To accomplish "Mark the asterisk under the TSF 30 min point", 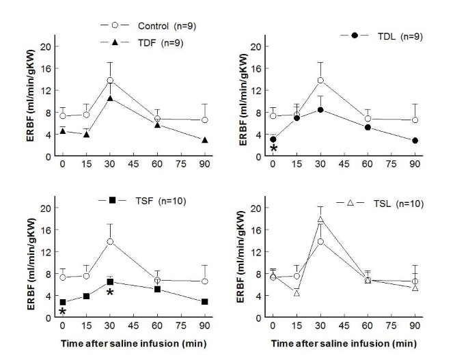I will [x=109, y=293].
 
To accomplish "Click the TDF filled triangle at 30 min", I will [x=109, y=98].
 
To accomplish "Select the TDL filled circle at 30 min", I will [x=320, y=109].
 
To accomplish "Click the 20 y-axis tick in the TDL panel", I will [x=256, y=46].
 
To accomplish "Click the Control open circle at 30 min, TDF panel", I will [x=109, y=80].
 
